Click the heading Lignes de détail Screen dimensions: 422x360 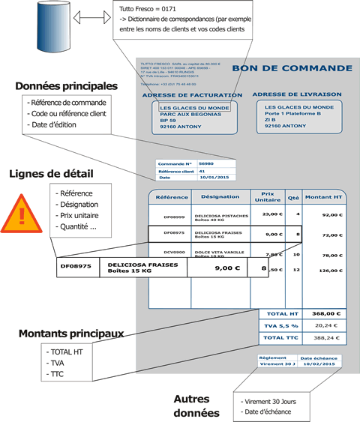point(51,174)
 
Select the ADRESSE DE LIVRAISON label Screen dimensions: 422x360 point(298,94)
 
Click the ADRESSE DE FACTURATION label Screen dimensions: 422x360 point(191,95)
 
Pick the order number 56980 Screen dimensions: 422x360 point(206,163)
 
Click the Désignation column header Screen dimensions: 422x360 point(220,197)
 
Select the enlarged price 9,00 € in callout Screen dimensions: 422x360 point(228,267)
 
